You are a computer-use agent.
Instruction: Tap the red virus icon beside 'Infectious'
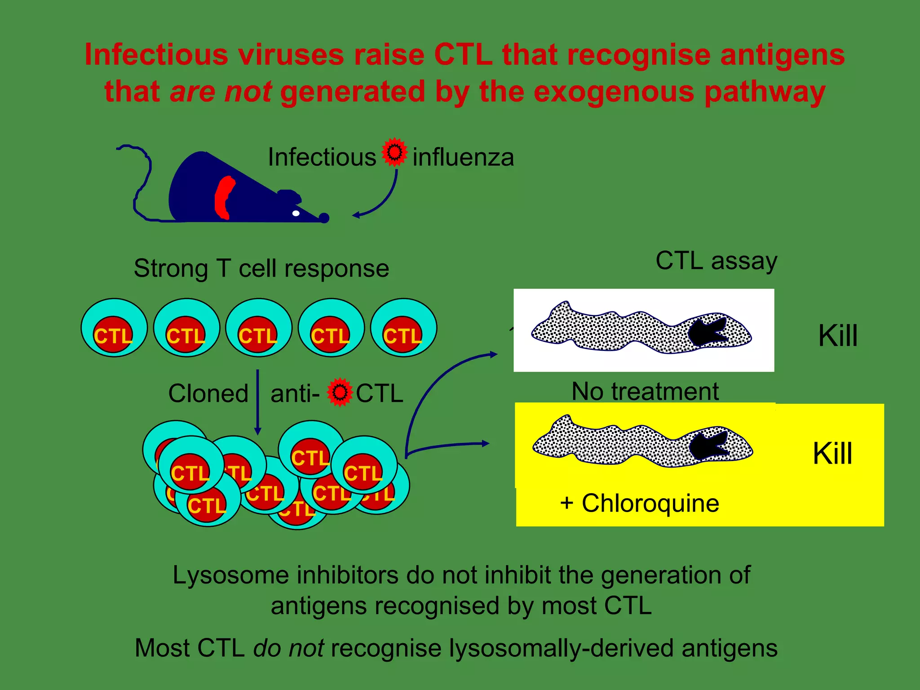[394, 152]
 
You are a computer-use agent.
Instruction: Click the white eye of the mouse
[296, 213]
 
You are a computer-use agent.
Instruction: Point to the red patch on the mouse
[224, 198]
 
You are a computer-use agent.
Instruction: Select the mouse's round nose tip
[324, 218]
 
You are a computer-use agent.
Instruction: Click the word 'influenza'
[463, 158]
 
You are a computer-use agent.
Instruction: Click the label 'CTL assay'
[716, 261]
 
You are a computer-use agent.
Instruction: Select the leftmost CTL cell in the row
[114, 328]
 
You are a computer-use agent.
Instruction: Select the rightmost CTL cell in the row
[403, 328]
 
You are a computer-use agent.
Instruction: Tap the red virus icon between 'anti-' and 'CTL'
[340, 392]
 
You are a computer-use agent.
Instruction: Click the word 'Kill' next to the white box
[838, 336]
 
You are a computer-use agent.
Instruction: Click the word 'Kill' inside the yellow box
[832, 453]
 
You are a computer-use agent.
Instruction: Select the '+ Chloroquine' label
[639, 503]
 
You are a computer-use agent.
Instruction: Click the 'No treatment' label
[645, 391]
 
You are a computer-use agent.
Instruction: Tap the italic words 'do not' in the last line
[288, 648]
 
